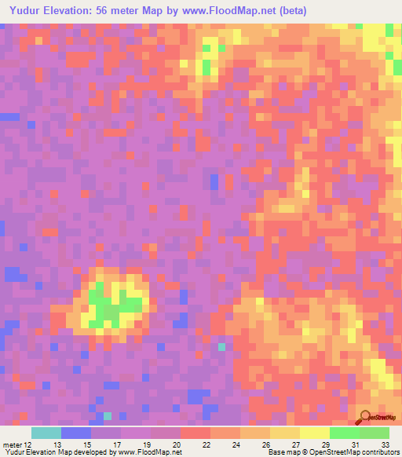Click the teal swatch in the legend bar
46,433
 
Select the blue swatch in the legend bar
76,433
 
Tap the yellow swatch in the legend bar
315,433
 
